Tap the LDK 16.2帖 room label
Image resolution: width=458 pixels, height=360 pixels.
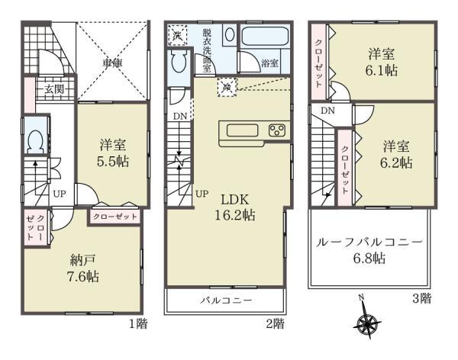pos(235,207)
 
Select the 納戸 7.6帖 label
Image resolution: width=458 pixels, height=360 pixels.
pos(83,268)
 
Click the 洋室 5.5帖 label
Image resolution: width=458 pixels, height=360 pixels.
pos(113,153)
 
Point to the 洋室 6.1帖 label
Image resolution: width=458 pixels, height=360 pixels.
pos(381,63)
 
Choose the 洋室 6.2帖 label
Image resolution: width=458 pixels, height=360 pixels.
pos(396,155)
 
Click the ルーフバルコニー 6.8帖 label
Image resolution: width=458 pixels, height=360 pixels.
pos(369,250)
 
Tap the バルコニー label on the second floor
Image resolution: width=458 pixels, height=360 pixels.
pos(226,301)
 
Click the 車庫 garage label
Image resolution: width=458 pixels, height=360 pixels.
pos(112,63)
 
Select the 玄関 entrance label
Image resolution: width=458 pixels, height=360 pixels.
pos(54,88)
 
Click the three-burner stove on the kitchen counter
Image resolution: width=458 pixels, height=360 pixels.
pos(277,130)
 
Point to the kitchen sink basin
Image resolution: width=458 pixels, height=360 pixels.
pos(243,130)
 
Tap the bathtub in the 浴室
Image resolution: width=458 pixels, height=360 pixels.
pos(265,37)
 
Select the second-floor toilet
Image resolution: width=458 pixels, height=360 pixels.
pos(179,60)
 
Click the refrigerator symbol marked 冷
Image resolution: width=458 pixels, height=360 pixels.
pos(227,87)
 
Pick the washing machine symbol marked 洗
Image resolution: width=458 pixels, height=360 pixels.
pos(177,35)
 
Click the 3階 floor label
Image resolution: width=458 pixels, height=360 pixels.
pos(422,298)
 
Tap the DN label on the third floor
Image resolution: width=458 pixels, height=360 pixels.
pos(327,111)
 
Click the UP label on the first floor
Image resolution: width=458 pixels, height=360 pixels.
pos(60,194)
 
